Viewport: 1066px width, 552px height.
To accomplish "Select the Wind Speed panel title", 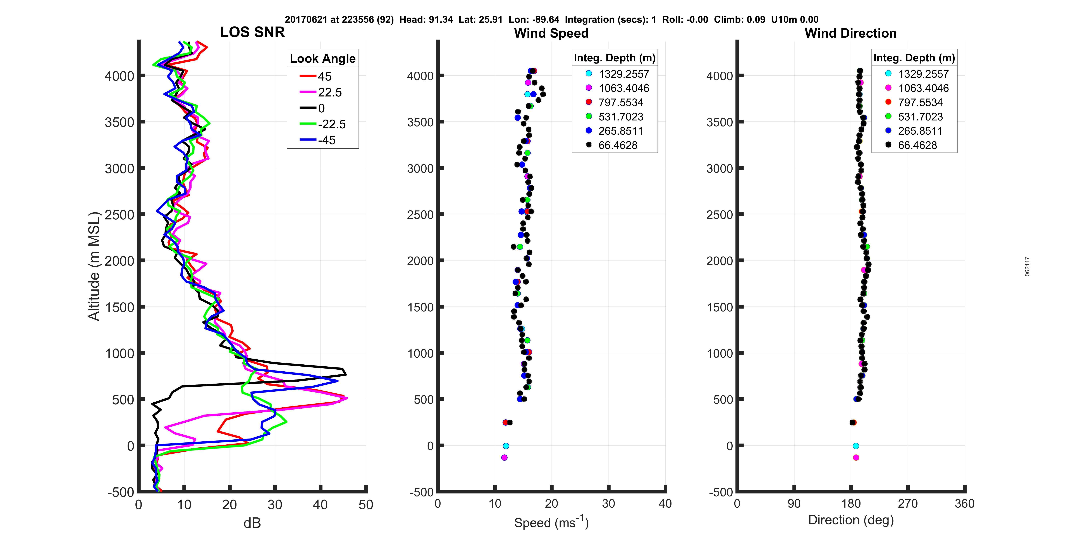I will (551, 33).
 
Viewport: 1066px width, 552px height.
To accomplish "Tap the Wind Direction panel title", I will (850, 33).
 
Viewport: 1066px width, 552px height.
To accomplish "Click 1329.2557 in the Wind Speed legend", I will (624, 74).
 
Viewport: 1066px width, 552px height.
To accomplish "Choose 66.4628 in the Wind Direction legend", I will (917, 145).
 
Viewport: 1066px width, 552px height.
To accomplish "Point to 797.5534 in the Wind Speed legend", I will (621, 103).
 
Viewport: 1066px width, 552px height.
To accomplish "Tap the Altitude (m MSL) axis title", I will (94, 266).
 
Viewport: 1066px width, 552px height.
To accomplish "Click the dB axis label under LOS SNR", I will (252, 523).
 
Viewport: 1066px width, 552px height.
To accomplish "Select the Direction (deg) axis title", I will (851, 520).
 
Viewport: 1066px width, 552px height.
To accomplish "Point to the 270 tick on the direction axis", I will (907, 504).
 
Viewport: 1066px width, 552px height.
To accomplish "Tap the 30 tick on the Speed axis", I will (608, 504).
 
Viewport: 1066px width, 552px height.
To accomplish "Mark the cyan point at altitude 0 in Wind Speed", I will (506, 446).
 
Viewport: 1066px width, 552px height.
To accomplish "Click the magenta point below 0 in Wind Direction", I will (856, 457).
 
